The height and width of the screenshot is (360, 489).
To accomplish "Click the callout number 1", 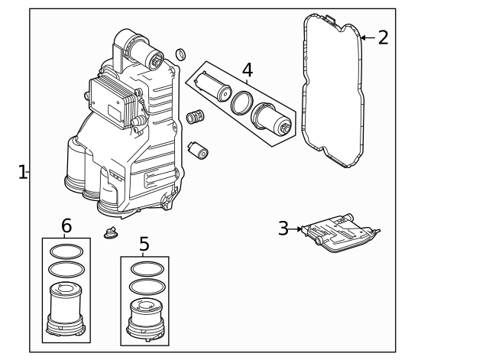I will [x=22, y=172].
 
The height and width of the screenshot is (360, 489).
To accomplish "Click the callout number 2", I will [x=383, y=37].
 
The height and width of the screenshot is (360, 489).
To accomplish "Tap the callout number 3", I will [x=283, y=229].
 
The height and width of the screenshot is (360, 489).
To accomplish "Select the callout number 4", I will [x=248, y=70].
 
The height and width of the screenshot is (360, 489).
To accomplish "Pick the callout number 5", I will [x=144, y=245].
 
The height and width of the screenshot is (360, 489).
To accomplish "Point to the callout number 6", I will [x=66, y=226].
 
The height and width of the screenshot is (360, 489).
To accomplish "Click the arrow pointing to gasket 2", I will [x=367, y=37].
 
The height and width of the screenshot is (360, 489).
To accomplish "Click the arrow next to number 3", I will [x=297, y=229].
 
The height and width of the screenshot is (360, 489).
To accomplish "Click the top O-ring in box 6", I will [x=66, y=251].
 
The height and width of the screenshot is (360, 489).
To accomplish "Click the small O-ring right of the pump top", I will [x=180, y=54].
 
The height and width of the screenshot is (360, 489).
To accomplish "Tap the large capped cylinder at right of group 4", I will [x=272, y=121].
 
